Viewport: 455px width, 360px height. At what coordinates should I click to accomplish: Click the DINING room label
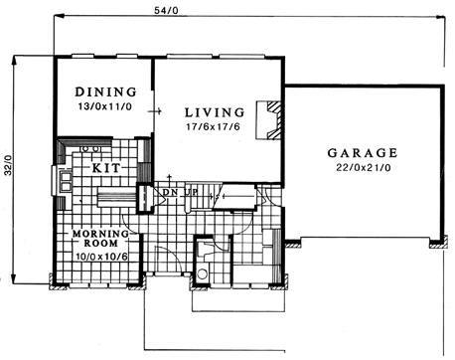(x=105, y=91)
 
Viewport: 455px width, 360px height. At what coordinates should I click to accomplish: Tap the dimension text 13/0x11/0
(x=105, y=106)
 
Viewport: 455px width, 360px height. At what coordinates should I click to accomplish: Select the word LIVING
(x=215, y=112)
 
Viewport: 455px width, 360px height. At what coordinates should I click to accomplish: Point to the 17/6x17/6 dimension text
(x=213, y=126)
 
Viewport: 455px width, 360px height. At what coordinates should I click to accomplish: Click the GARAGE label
(x=363, y=153)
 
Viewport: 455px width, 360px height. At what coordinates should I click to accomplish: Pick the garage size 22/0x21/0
(x=364, y=168)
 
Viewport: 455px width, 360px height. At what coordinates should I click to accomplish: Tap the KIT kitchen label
(x=106, y=168)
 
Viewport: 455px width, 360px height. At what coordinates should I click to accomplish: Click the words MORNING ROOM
(x=100, y=239)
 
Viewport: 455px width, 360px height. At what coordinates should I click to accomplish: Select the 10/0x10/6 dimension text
(x=101, y=257)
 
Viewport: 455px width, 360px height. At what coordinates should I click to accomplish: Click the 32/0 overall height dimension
(x=8, y=165)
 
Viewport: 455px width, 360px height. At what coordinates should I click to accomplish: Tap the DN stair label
(x=169, y=192)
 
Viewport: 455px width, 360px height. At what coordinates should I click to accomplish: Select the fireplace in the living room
(x=269, y=120)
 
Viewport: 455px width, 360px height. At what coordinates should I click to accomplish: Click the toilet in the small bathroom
(x=202, y=273)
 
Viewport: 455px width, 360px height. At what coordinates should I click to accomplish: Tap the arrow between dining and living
(x=155, y=111)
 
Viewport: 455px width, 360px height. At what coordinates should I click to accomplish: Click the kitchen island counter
(x=117, y=196)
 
